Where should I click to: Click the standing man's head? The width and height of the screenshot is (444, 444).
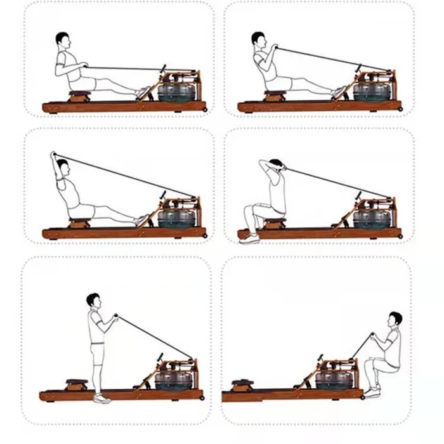[94, 300]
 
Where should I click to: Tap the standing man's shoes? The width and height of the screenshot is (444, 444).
[100, 398]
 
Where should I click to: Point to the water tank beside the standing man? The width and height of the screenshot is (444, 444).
[170, 379]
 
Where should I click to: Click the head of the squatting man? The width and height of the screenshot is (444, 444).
[395, 318]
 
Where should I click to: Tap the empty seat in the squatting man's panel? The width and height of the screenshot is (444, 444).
[242, 384]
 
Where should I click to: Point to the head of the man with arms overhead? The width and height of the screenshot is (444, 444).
[61, 166]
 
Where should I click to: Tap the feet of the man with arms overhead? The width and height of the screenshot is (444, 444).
[144, 219]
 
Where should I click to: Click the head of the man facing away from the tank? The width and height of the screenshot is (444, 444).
[277, 165]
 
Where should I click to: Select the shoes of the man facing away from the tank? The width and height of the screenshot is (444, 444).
[249, 238]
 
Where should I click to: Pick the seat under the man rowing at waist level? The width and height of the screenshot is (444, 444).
[79, 96]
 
